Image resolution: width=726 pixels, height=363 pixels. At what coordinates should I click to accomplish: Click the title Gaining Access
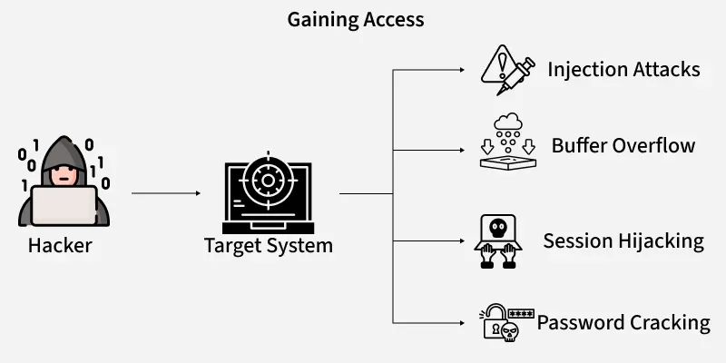356,19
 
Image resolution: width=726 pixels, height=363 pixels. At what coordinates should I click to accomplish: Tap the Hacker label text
60,245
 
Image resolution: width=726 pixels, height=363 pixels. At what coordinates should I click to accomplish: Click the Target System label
269,245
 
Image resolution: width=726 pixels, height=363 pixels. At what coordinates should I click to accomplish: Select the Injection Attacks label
623,70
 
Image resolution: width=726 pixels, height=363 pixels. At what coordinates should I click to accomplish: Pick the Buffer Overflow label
623,146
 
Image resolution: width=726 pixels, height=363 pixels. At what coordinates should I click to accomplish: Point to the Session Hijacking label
623,240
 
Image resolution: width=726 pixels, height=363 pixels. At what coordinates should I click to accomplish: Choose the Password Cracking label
623,322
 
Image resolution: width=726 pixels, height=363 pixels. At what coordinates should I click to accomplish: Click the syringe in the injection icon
518,74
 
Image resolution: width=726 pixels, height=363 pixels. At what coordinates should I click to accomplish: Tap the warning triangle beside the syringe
498,64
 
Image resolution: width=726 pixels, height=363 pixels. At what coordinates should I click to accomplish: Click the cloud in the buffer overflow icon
507,122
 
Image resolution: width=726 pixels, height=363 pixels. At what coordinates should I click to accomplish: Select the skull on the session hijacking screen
498,228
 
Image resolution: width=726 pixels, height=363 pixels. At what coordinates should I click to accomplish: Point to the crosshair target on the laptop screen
268,180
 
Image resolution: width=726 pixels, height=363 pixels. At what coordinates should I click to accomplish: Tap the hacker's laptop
64,204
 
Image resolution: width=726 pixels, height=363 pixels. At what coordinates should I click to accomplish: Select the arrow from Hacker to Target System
165,193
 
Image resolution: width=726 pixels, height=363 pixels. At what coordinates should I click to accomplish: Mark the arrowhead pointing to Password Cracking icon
461,322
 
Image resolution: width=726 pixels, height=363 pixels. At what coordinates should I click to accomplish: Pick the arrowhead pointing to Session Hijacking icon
461,241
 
